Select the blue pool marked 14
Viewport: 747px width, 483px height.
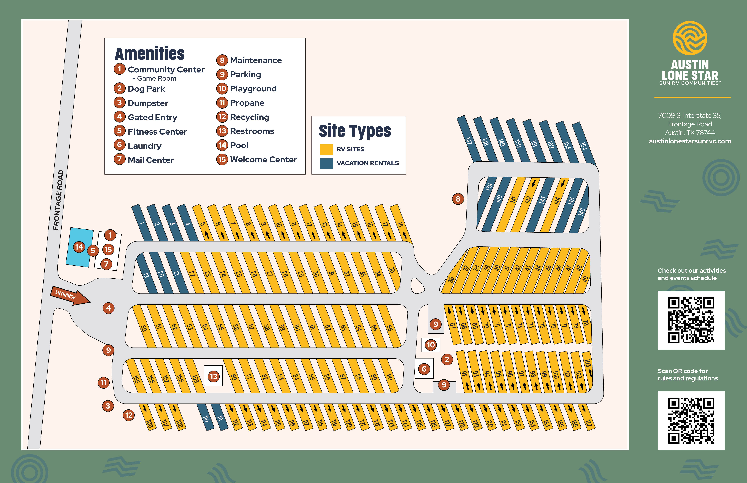coord(79,247)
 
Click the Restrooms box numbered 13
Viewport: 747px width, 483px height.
coord(213,376)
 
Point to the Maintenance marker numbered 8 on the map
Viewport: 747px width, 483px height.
coord(458,199)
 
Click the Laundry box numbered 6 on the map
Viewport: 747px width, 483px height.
coord(424,369)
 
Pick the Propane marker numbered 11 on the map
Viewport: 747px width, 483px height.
coord(104,383)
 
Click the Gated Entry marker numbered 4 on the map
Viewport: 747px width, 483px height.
coord(108,308)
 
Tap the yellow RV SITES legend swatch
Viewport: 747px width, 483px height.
coord(326,150)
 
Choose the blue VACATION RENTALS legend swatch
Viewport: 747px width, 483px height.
coord(326,163)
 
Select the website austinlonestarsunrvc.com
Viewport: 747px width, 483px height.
coord(690,141)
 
